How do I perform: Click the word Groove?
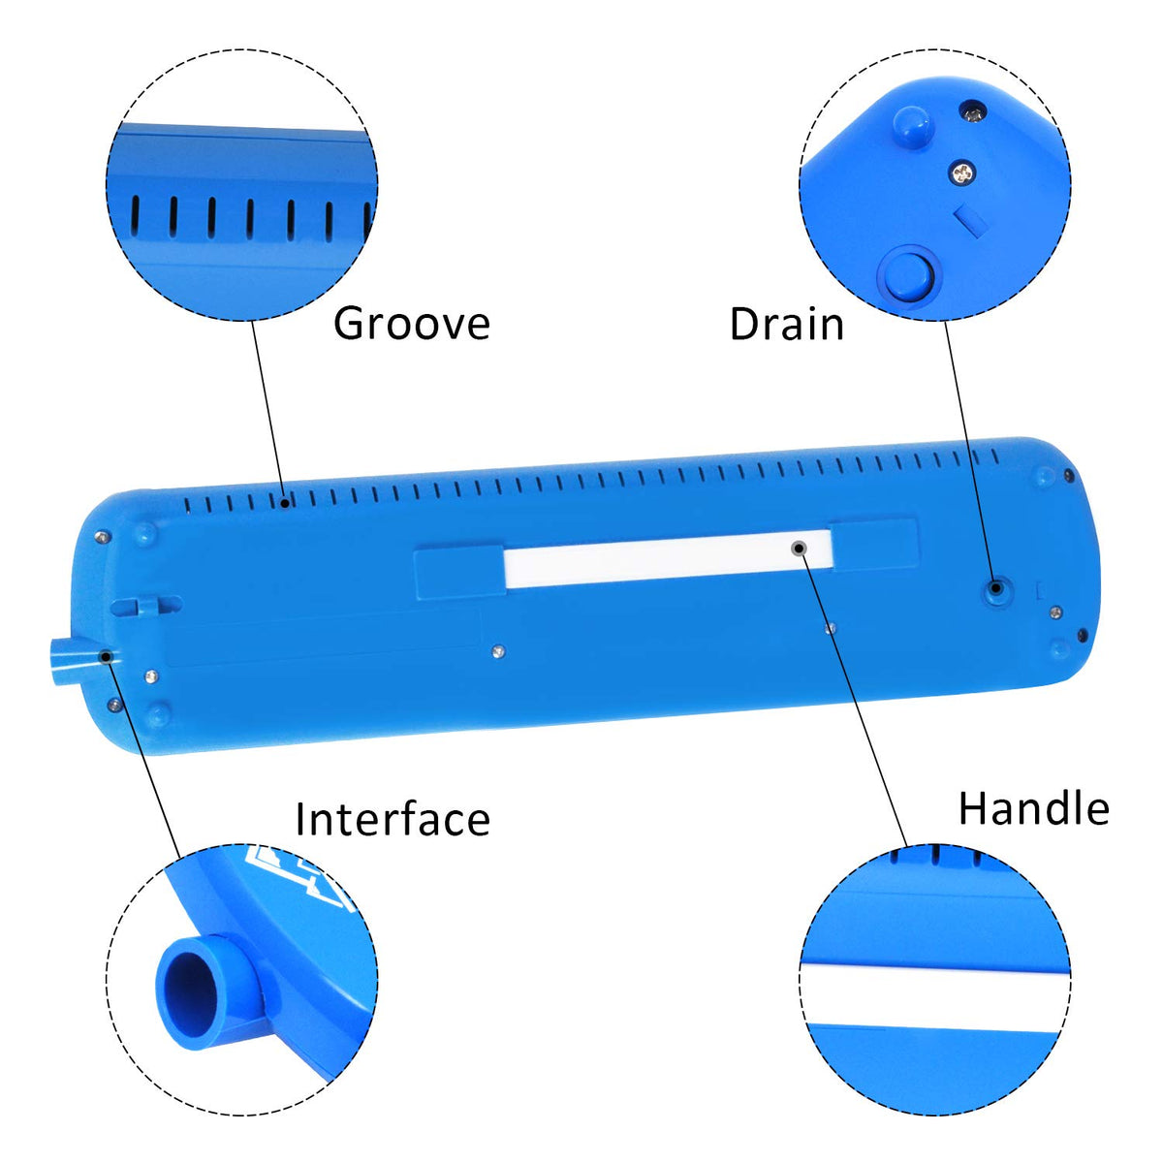click(411, 325)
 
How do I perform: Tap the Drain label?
click(786, 324)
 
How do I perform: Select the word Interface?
click(393, 819)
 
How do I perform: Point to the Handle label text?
click(1034, 808)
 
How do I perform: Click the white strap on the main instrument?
click(668, 558)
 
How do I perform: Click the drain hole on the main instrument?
click(996, 588)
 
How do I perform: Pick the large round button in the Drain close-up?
click(906, 276)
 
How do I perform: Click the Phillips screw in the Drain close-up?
click(962, 173)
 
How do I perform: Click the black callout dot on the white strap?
click(800, 548)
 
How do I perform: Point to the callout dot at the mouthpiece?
click(107, 656)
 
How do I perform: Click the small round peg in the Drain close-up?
click(913, 126)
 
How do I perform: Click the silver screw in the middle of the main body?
click(497, 650)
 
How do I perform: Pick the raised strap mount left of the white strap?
click(459, 571)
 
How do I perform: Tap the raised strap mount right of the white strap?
click(875, 546)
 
